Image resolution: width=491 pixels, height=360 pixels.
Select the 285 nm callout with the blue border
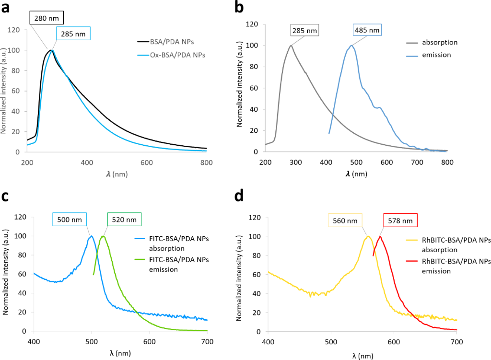pyautogui.click(x=73, y=34)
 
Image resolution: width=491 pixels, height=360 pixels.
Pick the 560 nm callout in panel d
pyautogui.click(x=344, y=220)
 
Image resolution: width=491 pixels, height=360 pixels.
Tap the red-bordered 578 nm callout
pyautogui.click(x=400, y=220)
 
